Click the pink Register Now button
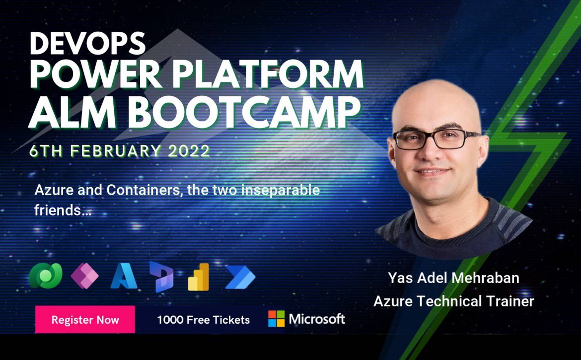(85, 319)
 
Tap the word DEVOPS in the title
(87, 43)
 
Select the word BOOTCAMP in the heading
(246, 110)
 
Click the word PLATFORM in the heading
(268, 74)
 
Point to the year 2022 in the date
(189, 151)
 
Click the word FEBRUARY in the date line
(116, 151)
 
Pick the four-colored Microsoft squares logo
(277, 318)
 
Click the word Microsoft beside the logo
(317, 319)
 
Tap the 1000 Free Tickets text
(204, 320)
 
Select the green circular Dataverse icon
(46, 276)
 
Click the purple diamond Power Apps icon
(84, 276)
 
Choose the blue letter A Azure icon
(124, 276)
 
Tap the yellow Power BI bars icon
(199, 277)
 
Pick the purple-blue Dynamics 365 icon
(161, 277)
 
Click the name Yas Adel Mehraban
(453, 278)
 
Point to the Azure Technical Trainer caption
(453, 301)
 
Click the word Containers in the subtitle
(145, 190)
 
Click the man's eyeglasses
(436, 139)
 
